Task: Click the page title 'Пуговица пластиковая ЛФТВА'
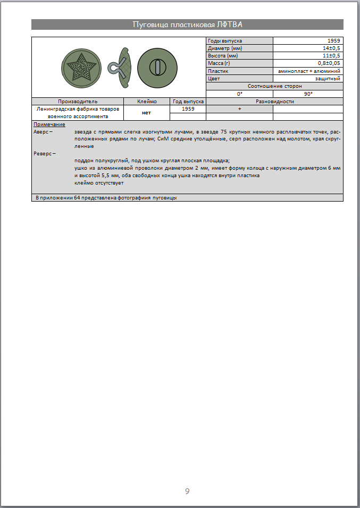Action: [187, 24]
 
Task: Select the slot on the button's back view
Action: [157, 67]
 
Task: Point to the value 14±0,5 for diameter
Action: [330, 48]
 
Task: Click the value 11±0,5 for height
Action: [330, 55]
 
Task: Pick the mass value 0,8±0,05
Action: [329, 63]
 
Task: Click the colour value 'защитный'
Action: [328, 78]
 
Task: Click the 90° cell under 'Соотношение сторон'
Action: [308, 94]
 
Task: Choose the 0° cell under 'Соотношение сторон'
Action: [240, 94]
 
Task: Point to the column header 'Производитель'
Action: [78, 101]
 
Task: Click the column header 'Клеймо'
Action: [147, 101]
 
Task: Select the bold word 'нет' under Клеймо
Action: [146, 112]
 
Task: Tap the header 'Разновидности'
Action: [274, 101]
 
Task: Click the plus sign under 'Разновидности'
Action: [240, 109]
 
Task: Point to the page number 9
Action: [187, 490]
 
